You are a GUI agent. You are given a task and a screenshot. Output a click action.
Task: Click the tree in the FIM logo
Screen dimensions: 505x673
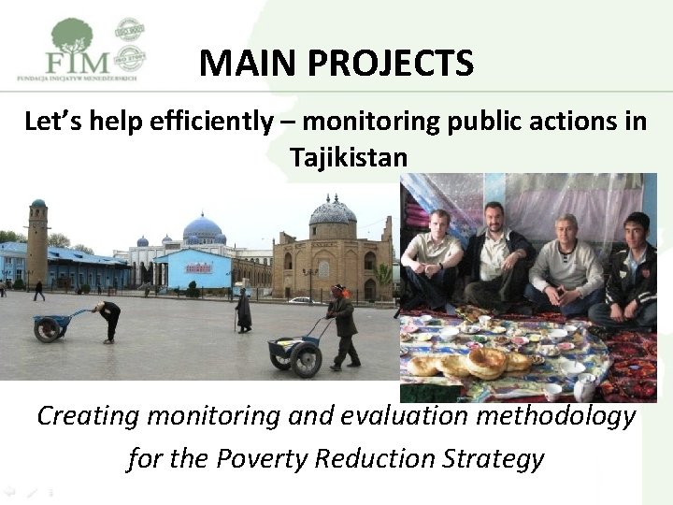click(x=72, y=36)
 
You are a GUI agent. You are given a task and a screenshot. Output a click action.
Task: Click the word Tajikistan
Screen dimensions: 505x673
click(x=348, y=156)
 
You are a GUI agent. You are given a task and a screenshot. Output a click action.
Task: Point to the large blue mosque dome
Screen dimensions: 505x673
click(x=202, y=228)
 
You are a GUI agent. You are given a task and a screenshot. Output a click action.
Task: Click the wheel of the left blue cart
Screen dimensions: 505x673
click(x=45, y=329)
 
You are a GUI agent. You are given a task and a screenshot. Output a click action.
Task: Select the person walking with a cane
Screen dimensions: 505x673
click(x=244, y=310)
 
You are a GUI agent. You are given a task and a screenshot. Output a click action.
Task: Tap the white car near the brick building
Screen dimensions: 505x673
click(x=299, y=300)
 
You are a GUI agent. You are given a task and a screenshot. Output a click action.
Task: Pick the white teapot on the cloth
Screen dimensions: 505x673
click(x=584, y=386)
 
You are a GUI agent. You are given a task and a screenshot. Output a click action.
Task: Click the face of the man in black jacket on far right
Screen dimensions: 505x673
click(x=637, y=231)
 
